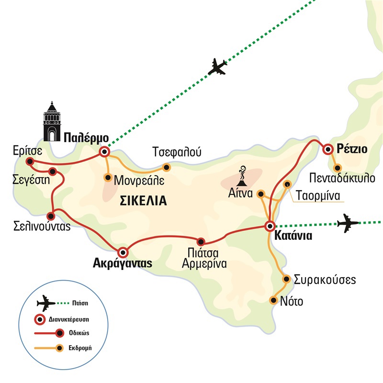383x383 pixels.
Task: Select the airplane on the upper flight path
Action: (217, 67)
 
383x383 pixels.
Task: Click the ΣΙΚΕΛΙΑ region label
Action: (144, 201)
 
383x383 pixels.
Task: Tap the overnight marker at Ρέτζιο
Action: (328, 149)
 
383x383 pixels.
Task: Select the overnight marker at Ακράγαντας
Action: (123, 251)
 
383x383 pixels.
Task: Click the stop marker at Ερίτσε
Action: (30, 161)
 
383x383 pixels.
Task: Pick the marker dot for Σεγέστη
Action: (53, 171)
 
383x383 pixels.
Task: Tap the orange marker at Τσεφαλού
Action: (167, 167)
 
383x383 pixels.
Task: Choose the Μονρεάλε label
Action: (139, 180)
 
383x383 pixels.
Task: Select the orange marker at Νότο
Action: (273, 300)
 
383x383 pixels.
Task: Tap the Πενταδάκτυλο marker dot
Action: (338, 168)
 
